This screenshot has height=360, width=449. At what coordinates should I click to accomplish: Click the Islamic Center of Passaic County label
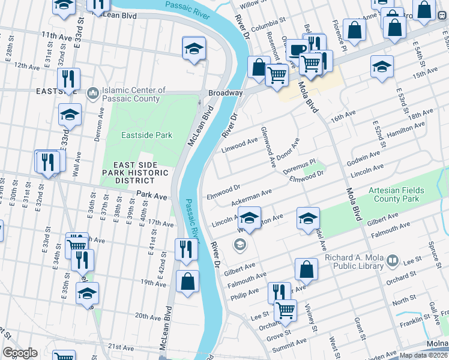[x=133, y=94]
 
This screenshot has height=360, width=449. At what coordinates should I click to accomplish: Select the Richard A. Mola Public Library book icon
[x=393, y=261]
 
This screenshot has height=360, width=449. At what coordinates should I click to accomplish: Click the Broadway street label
[x=225, y=93]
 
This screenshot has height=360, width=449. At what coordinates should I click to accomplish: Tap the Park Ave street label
[x=151, y=196]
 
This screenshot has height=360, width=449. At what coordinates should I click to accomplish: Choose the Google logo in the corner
[x=20, y=353]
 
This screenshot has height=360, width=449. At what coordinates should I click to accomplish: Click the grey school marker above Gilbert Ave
[x=240, y=244]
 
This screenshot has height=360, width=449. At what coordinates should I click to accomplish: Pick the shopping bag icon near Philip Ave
[x=306, y=271]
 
